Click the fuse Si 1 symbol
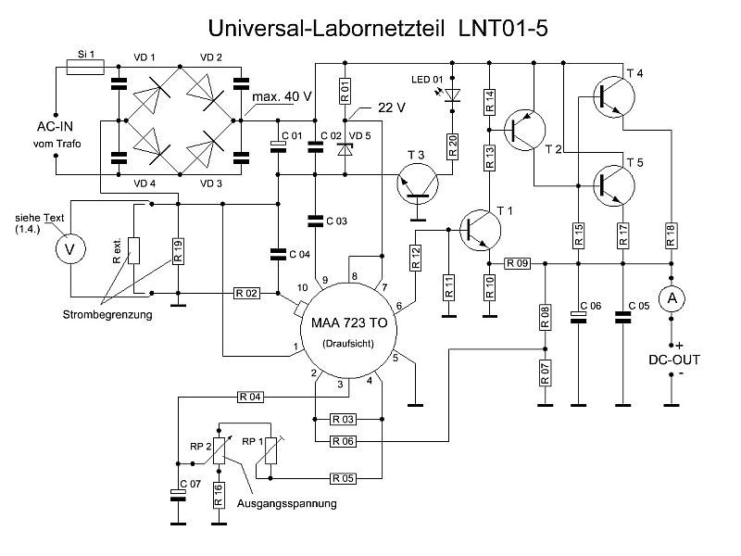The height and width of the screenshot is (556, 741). pyautogui.click(x=85, y=67)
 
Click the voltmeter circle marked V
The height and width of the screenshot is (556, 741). pyautogui.click(x=65, y=248)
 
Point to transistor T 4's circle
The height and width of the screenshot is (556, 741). pyautogui.click(x=608, y=94)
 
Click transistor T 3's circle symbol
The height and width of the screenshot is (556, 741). pyautogui.click(x=418, y=182)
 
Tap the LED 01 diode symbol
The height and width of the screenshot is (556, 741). pyautogui.click(x=451, y=95)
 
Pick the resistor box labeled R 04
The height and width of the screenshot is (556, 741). pyautogui.click(x=251, y=397)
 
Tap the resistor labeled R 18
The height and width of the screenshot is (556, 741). pyautogui.click(x=669, y=235)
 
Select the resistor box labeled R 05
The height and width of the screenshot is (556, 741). pyautogui.click(x=343, y=479)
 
